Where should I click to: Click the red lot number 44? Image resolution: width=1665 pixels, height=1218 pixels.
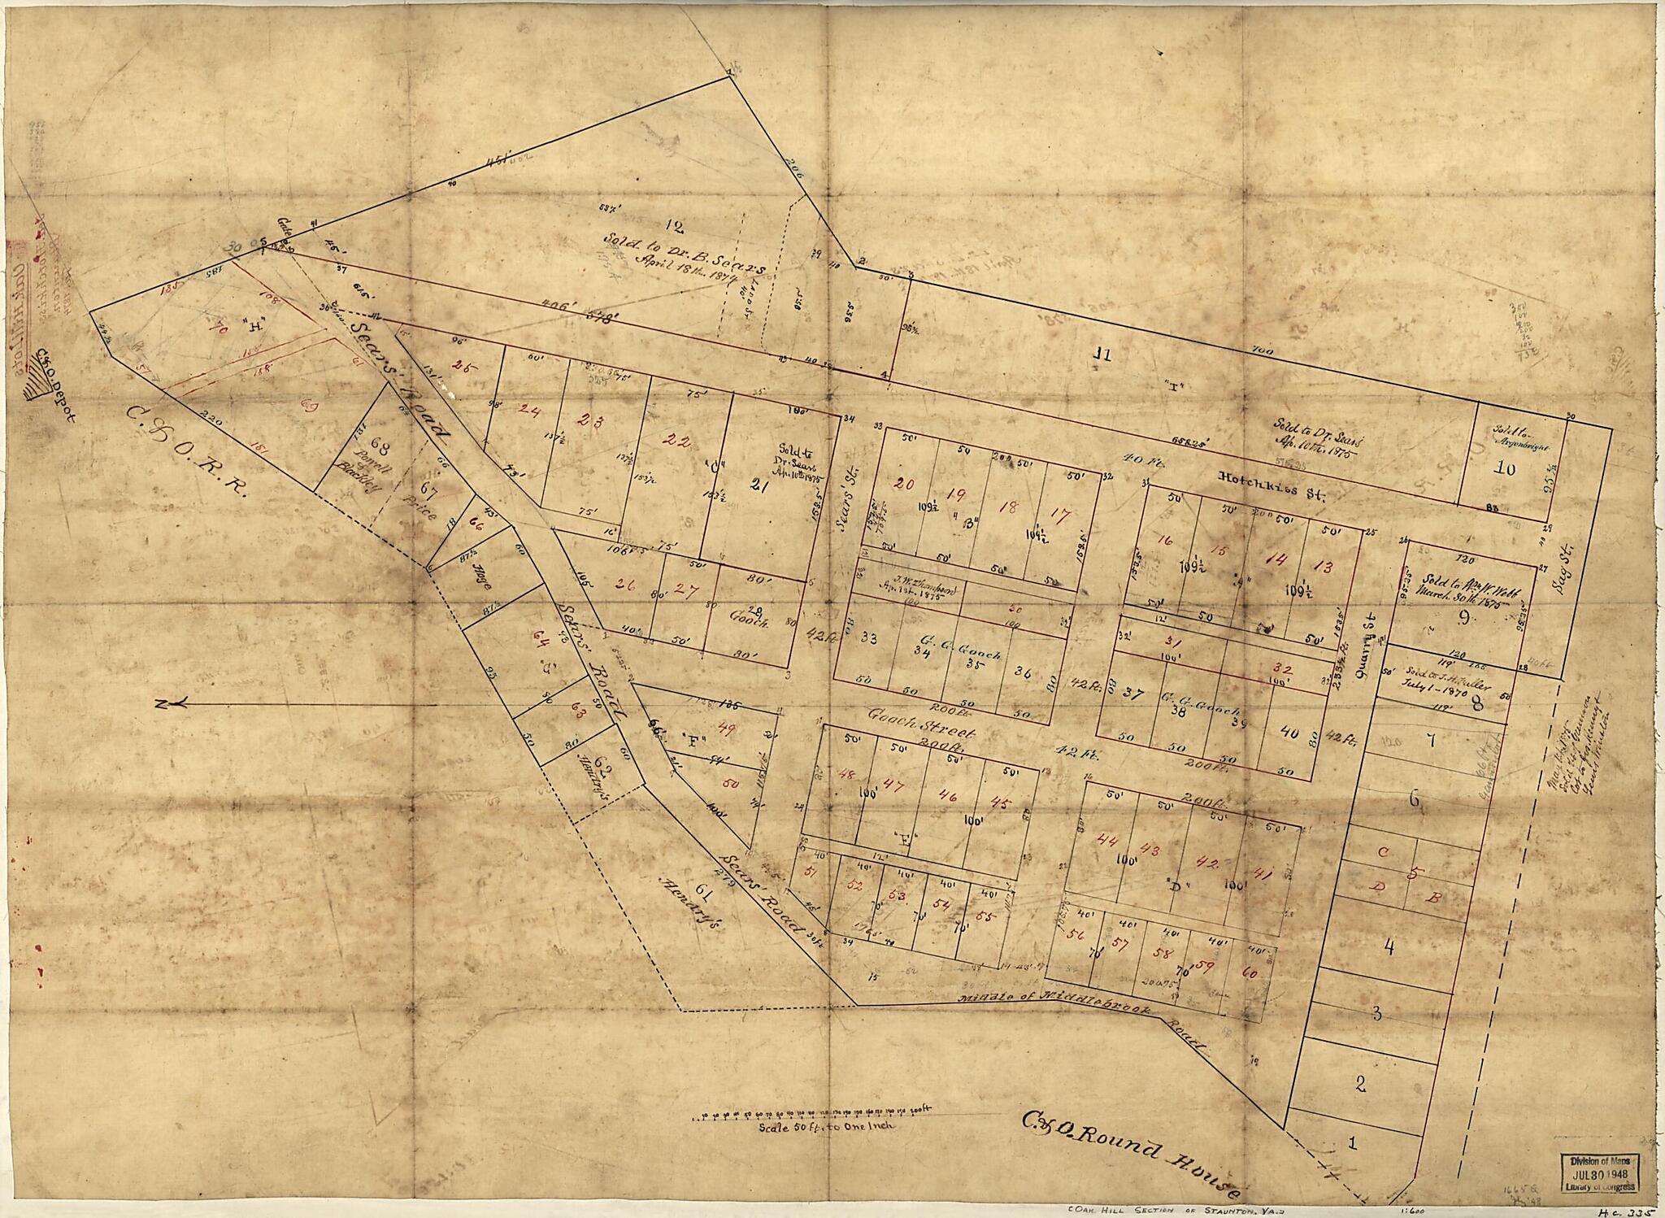[1106, 840]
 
